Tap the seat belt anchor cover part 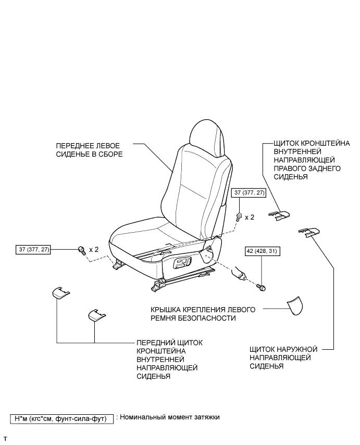[295, 306]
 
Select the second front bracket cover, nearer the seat [96, 315]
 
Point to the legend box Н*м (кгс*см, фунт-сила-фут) [62, 418]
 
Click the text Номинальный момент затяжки [169, 417]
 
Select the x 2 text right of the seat [250, 217]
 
